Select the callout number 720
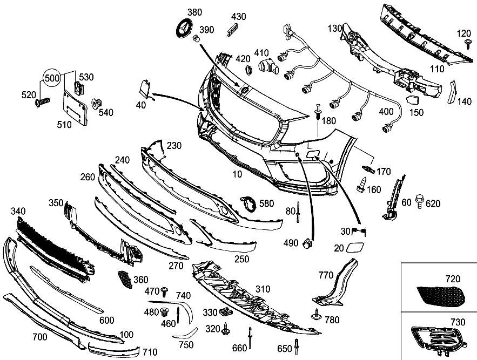click(452, 279)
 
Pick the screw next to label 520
click(42, 101)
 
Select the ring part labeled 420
click(248, 70)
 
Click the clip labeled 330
click(225, 311)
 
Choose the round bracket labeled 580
click(248, 206)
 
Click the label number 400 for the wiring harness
click(386, 111)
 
